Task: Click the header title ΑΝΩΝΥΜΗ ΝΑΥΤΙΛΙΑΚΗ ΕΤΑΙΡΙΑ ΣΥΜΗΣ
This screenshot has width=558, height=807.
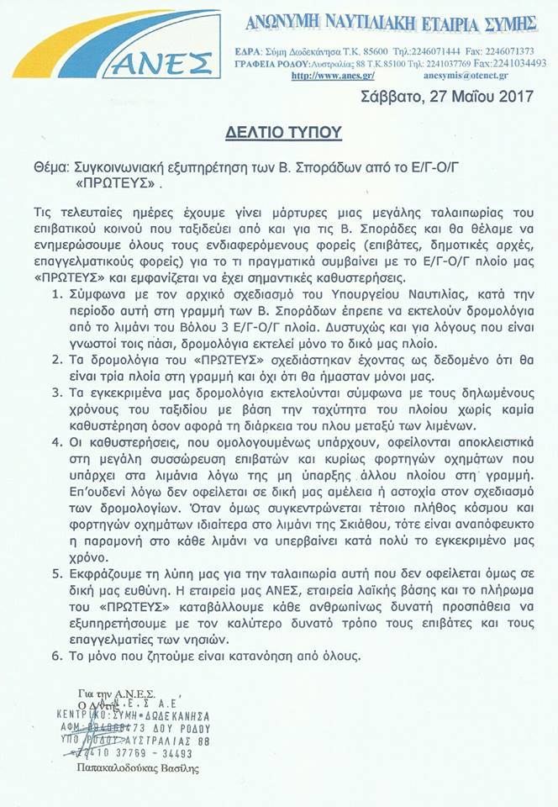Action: [x=391, y=23]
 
